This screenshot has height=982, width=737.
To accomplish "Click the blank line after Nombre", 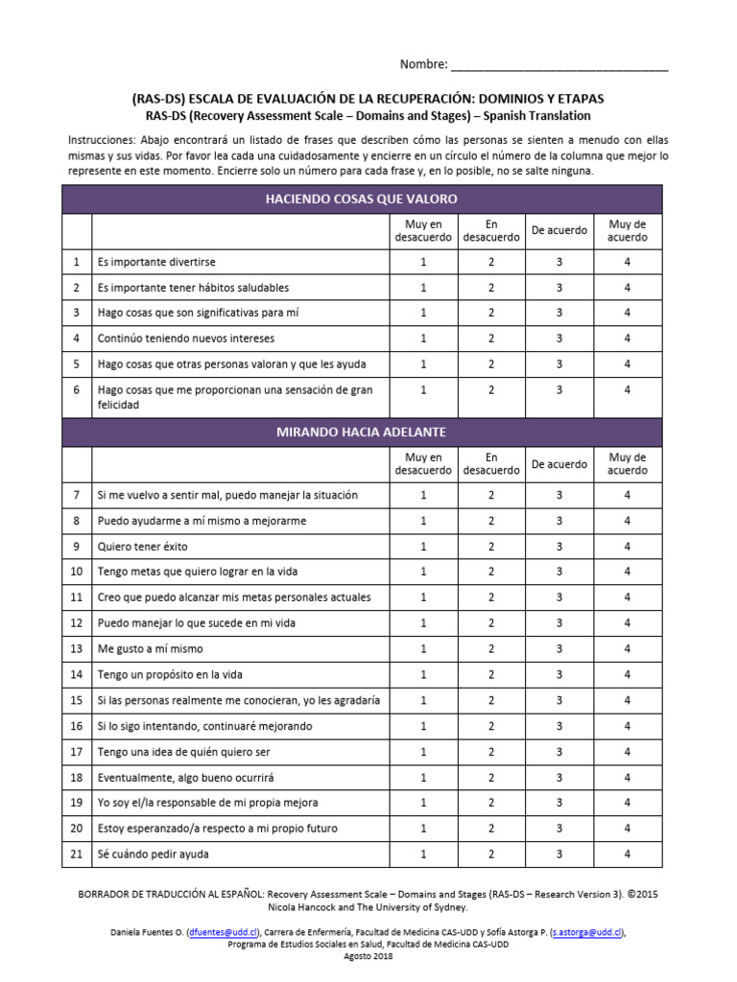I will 559,67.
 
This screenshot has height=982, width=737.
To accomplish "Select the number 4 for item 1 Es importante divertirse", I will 628,262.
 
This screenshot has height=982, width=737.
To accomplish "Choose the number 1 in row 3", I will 423,313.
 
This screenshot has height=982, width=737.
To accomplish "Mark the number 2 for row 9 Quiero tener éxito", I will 491,547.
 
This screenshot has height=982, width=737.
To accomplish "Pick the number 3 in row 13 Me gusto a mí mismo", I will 559,649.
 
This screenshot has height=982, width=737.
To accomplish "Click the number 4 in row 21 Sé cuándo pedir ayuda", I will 628,853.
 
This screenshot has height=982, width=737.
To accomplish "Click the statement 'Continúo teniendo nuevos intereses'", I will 185,339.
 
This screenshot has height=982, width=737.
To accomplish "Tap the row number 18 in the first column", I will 76,777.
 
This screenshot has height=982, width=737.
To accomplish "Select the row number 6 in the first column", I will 76,390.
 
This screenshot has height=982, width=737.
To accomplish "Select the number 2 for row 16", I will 491,726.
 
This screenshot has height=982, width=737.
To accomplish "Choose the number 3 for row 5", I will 559,364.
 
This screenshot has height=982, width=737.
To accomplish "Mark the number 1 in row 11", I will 423,597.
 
